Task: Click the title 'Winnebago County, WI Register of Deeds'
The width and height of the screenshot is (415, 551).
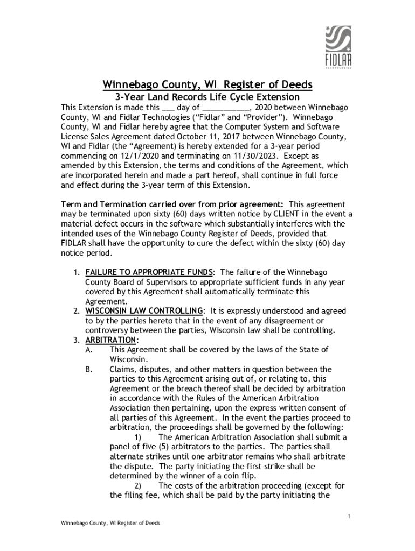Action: coord(207,85)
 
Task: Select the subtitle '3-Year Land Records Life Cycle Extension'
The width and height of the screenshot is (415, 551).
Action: coord(207,97)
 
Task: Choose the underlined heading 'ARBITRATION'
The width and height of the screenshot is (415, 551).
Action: coord(111,340)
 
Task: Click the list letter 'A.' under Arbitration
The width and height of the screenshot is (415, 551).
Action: coord(89,350)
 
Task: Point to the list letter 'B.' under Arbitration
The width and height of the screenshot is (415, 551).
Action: coord(89,369)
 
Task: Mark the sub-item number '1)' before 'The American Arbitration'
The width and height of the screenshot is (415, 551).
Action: coord(139,437)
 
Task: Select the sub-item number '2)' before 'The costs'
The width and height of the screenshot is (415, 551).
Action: coord(139,485)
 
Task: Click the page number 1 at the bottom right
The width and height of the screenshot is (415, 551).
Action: coord(349,517)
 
